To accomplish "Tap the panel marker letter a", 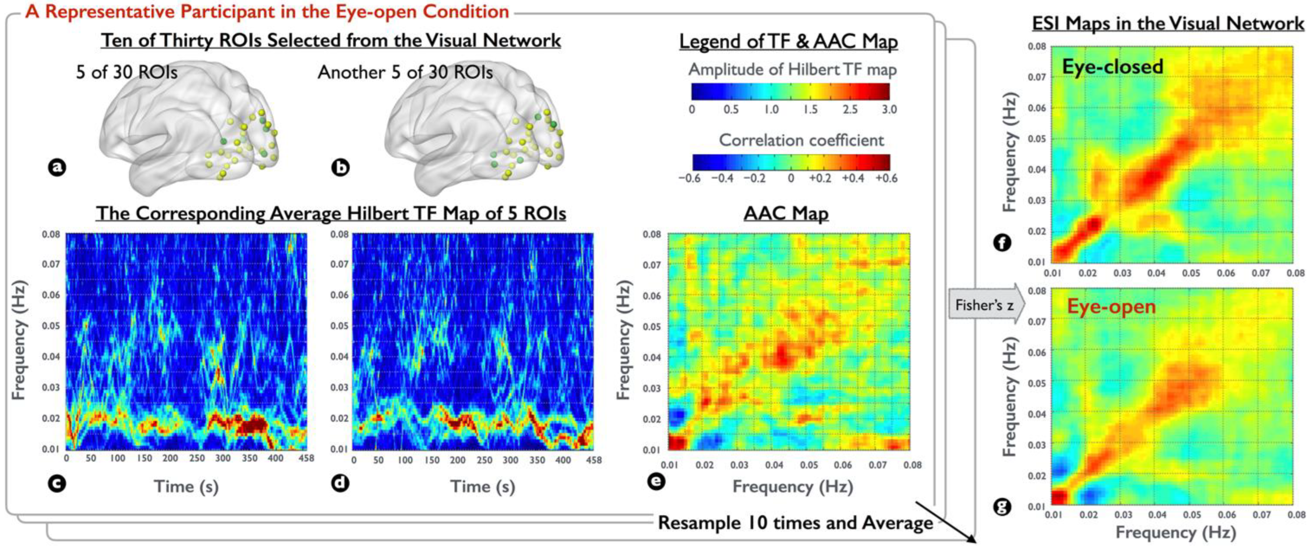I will [57, 167].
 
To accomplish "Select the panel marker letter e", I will [656, 480].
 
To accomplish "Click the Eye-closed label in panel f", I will [1112, 67].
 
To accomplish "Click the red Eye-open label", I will [1111, 306].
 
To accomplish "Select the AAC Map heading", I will [786, 213].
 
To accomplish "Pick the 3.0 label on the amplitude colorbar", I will [889, 109].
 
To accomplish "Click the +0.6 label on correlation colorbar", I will [886, 178].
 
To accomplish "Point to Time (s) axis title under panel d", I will [482, 487].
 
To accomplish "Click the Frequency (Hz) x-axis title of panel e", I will [792, 487].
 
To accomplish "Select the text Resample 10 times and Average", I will [795, 522].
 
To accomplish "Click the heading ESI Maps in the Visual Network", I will [1168, 24].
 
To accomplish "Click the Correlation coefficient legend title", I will [801, 140].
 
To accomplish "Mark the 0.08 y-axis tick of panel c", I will [50, 234].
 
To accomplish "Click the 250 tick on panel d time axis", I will [484, 460].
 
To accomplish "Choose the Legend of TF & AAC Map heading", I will [788, 42].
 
